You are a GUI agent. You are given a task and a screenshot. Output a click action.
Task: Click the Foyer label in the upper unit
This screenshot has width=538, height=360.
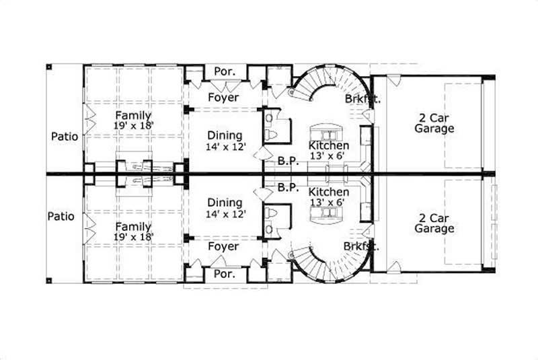[x=223, y=98]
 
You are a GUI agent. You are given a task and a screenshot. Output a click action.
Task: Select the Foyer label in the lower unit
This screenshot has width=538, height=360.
[x=223, y=247]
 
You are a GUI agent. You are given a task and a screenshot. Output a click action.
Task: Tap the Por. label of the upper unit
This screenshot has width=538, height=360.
[x=223, y=71]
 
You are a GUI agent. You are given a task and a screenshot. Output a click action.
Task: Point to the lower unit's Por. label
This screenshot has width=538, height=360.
[x=223, y=275]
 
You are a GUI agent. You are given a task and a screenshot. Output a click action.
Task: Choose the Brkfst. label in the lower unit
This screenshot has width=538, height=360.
[x=362, y=246]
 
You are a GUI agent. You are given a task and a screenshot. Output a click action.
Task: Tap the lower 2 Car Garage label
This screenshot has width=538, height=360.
[x=434, y=223]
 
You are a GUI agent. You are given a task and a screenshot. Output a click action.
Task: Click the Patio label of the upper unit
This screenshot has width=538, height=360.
[x=65, y=137]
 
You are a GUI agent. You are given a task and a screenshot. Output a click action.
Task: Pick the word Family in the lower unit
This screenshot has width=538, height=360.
[x=132, y=227]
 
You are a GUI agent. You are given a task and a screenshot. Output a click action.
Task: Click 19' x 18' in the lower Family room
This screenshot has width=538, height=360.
[x=132, y=236]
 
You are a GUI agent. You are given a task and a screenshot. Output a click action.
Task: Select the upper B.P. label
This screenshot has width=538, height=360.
[x=288, y=161]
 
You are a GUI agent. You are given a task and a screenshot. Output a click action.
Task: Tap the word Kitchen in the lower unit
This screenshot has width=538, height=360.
[x=328, y=192]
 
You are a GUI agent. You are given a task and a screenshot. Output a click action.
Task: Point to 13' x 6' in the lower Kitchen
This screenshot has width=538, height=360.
[x=328, y=202]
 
